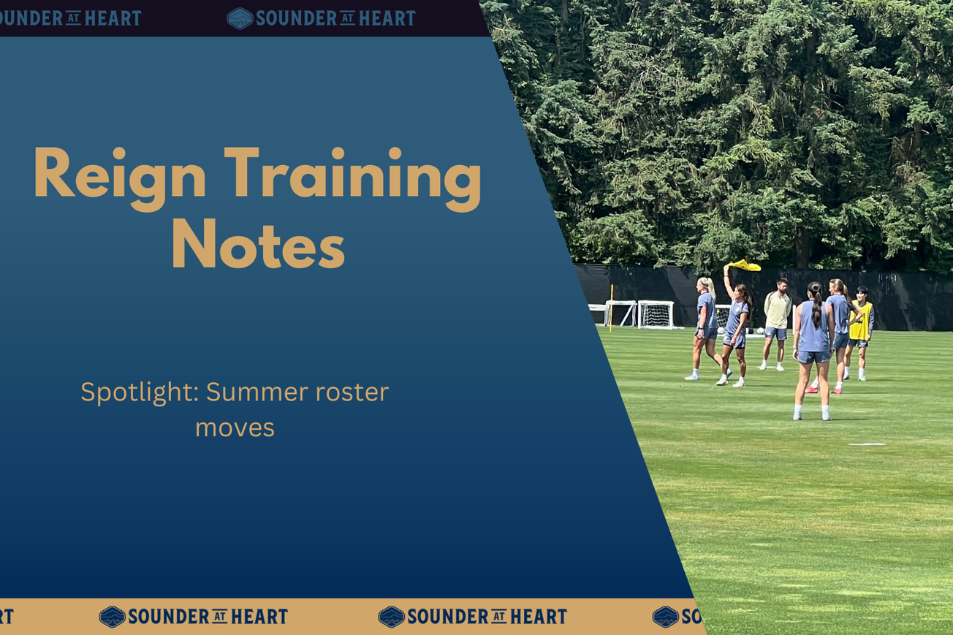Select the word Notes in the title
tap(257, 245)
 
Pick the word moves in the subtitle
tap(235, 427)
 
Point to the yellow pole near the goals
tap(611, 307)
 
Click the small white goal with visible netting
tap(656, 314)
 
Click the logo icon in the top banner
tap(240, 18)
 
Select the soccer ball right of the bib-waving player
tap(760, 331)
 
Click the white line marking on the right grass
tap(867, 444)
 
